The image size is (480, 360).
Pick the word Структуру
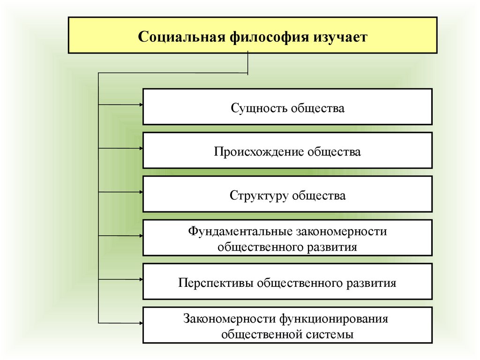(259, 196)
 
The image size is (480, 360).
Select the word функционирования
(334, 319)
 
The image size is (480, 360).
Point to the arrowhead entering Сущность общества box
(141, 105)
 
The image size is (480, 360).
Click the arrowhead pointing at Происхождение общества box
(141, 149)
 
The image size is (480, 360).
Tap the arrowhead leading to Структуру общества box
(141, 192)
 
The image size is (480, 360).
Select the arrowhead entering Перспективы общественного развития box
(141, 279)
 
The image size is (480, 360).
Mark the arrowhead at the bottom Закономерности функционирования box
(141, 323)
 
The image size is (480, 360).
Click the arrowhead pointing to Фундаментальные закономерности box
(141, 236)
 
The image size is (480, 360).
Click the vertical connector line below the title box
(247, 63)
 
